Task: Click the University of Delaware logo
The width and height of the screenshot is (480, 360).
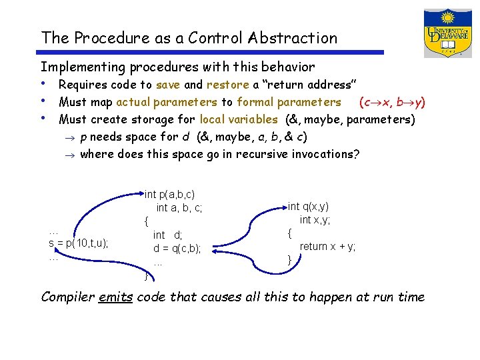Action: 447,33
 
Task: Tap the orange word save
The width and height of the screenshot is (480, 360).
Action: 167,85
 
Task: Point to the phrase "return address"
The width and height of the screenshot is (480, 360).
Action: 309,85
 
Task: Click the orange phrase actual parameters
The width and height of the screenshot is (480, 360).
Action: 167,102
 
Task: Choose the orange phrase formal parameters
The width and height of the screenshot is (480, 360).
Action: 289,102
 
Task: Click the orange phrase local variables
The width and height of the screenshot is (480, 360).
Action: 238,119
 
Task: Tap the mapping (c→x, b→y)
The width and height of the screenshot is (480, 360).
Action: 392,102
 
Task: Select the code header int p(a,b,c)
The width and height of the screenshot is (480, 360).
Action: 170,195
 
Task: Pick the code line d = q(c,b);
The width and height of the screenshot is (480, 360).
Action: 177,249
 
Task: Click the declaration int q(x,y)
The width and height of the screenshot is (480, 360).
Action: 308,207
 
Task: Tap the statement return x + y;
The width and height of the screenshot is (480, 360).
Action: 327,246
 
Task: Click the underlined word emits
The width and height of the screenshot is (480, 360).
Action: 116,297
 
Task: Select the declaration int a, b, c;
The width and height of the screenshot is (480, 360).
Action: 179,208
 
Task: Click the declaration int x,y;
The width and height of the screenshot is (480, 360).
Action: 315,220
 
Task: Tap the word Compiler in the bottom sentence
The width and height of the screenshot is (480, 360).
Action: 67,297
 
